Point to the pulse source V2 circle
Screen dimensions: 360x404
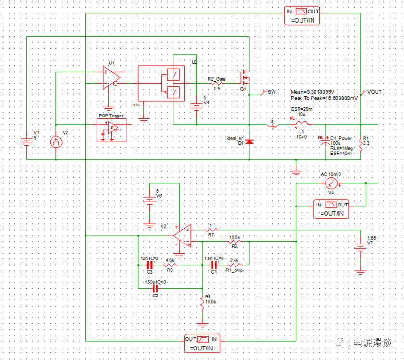click(x=56, y=141)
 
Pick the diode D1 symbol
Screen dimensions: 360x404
click(x=249, y=141)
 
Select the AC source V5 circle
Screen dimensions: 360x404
click(x=331, y=183)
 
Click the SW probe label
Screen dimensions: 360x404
click(x=272, y=91)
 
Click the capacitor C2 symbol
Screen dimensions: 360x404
click(x=155, y=288)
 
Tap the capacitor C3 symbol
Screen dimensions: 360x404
click(x=149, y=265)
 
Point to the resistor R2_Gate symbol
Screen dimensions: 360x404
click(x=216, y=83)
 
